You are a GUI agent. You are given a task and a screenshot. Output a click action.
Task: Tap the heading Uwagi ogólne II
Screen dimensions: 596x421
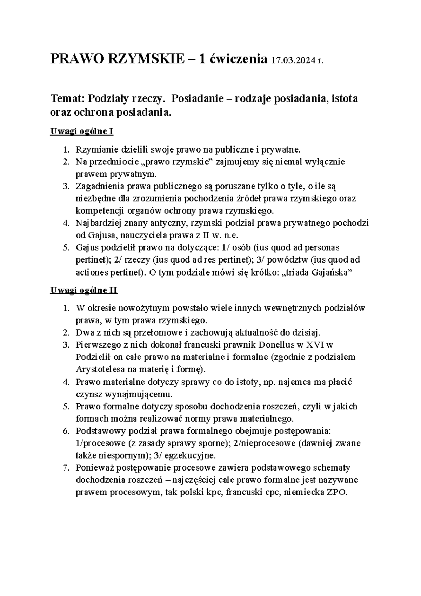pyautogui.click(x=84, y=290)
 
